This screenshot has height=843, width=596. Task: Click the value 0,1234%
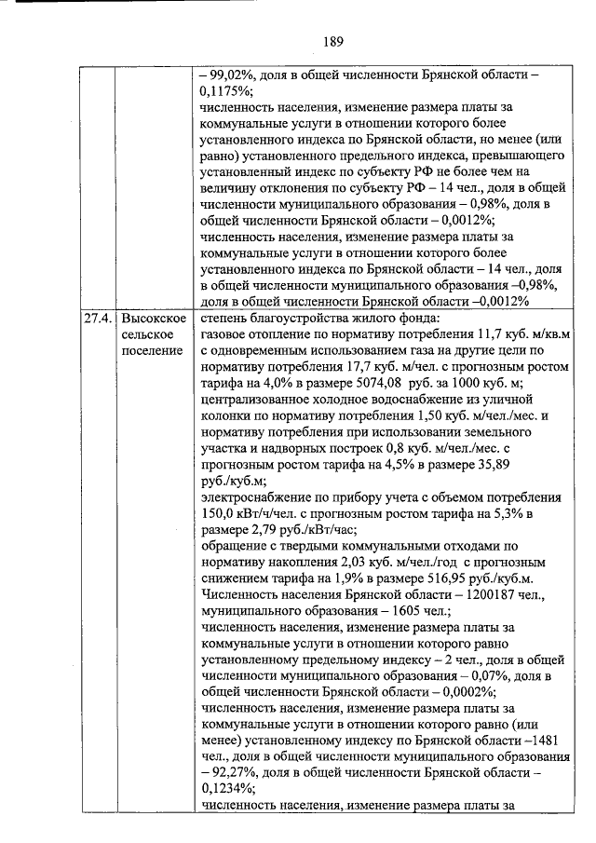pyautogui.click(x=227, y=782)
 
